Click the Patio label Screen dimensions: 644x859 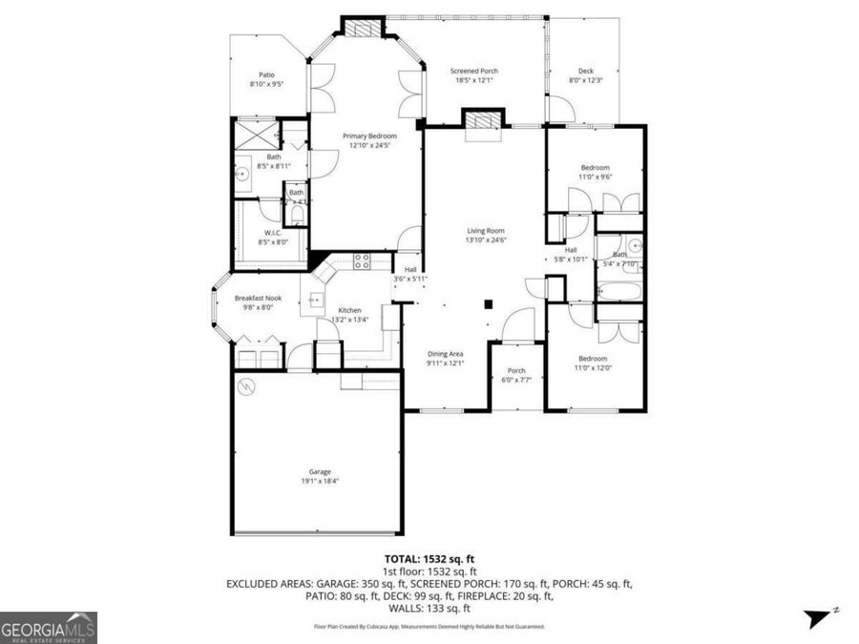[266, 74]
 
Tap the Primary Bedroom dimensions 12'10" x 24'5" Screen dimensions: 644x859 [369, 146]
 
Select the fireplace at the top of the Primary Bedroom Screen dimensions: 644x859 [360, 29]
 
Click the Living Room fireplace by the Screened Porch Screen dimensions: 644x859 [481, 122]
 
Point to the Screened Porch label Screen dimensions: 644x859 [473, 71]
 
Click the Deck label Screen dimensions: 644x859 [586, 71]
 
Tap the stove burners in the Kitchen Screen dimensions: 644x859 [363, 259]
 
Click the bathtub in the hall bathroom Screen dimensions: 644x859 [619, 287]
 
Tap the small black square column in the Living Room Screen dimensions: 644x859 [488, 304]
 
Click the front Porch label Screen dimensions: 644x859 [516, 371]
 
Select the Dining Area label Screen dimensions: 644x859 [444, 354]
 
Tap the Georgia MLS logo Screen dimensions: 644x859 [49, 628]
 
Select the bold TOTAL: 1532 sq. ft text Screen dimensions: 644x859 [429, 559]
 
